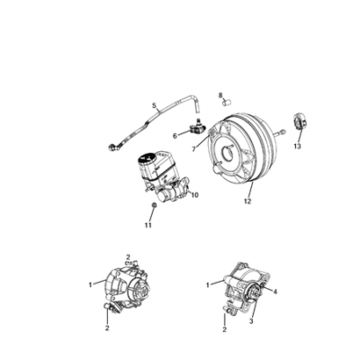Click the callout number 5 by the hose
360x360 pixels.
point(154,105)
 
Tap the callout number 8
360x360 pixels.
point(220,95)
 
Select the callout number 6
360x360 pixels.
point(175,136)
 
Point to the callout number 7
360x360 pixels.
point(193,148)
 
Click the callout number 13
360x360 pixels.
point(297,147)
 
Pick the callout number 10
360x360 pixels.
point(194,195)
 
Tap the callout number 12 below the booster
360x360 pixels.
point(247,202)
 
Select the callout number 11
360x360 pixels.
point(148,225)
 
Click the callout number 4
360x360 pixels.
point(275,292)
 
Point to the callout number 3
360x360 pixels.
point(251,321)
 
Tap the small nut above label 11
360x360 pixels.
point(154,204)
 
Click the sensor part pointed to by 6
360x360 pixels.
point(195,128)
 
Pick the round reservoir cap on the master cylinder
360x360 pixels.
point(148,159)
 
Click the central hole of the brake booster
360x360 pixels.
point(227,153)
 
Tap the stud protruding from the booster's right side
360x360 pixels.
point(279,132)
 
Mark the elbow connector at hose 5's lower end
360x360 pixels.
point(114,147)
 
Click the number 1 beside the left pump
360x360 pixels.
point(90,284)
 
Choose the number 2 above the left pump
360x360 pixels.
point(128,257)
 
